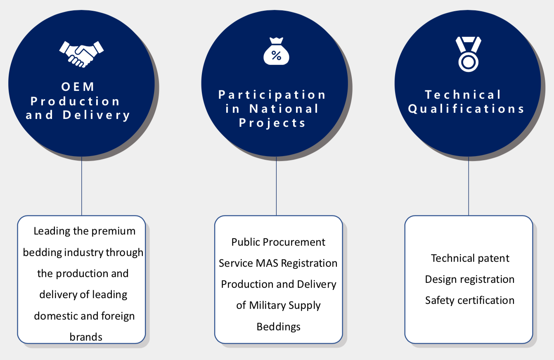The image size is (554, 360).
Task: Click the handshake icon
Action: (81, 54)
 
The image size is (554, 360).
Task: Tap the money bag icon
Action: (276, 51)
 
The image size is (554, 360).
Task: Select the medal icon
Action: (468, 54)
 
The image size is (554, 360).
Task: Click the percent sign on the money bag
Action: (276, 55)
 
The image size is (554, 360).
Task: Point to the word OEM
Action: (78, 87)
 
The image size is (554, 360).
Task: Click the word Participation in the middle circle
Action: (272, 95)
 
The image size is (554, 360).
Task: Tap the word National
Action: (284, 109)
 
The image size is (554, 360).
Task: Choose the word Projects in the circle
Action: (272, 123)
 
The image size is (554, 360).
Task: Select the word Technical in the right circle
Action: (463, 95)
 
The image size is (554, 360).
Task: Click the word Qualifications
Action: (466, 109)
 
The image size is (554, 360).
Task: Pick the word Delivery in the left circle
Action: (96, 115)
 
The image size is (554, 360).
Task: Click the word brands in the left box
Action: (86, 337)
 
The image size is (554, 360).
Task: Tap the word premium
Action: (114, 232)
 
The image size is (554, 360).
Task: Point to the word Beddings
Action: (279, 327)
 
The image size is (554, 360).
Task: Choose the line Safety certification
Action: (470, 301)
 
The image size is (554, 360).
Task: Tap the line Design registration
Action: (470, 279)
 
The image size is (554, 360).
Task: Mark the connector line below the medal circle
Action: (469, 186)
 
